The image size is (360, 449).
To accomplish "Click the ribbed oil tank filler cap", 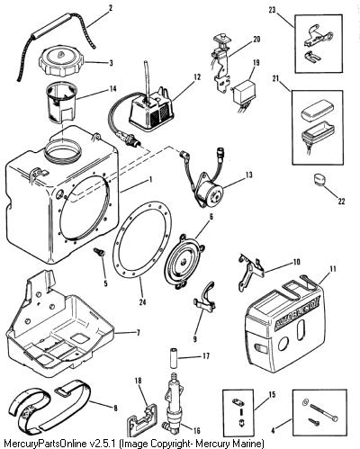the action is (x=62, y=63).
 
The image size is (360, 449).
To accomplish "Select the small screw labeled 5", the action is (x=100, y=252).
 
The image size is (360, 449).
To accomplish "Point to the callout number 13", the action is (x=249, y=175).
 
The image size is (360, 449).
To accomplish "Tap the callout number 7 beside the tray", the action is (x=138, y=333).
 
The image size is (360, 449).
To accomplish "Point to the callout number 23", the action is (x=272, y=11).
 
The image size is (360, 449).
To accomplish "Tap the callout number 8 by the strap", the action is (x=115, y=408).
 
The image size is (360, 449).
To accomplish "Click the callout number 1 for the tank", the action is (x=150, y=180).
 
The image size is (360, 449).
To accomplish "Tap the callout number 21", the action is (x=275, y=78).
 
